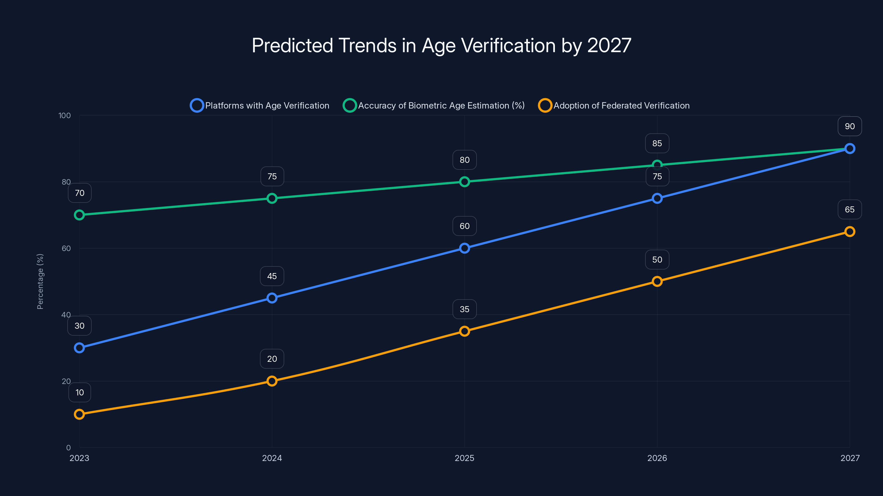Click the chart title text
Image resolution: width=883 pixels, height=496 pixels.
coord(441,45)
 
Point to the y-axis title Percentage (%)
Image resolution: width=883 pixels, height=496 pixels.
coord(40,281)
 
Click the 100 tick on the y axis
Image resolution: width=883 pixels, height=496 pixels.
coord(65,115)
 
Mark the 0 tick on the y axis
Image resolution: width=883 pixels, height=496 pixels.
coord(68,448)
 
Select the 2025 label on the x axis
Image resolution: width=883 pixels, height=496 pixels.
coord(464,458)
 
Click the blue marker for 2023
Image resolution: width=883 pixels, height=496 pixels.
coord(79,348)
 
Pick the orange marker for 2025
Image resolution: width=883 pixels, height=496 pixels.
coord(464,331)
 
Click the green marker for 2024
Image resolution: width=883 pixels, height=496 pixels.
coord(272,198)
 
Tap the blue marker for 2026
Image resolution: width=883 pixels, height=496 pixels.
coord(657,198)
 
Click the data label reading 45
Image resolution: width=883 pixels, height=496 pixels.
coord(272,276)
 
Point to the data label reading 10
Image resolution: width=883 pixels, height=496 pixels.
coord(79,392)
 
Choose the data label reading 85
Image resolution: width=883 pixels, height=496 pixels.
coord(657,143)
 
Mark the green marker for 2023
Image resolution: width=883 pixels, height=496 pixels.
coord(79,215)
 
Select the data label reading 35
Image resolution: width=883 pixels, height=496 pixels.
coord(464,309)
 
